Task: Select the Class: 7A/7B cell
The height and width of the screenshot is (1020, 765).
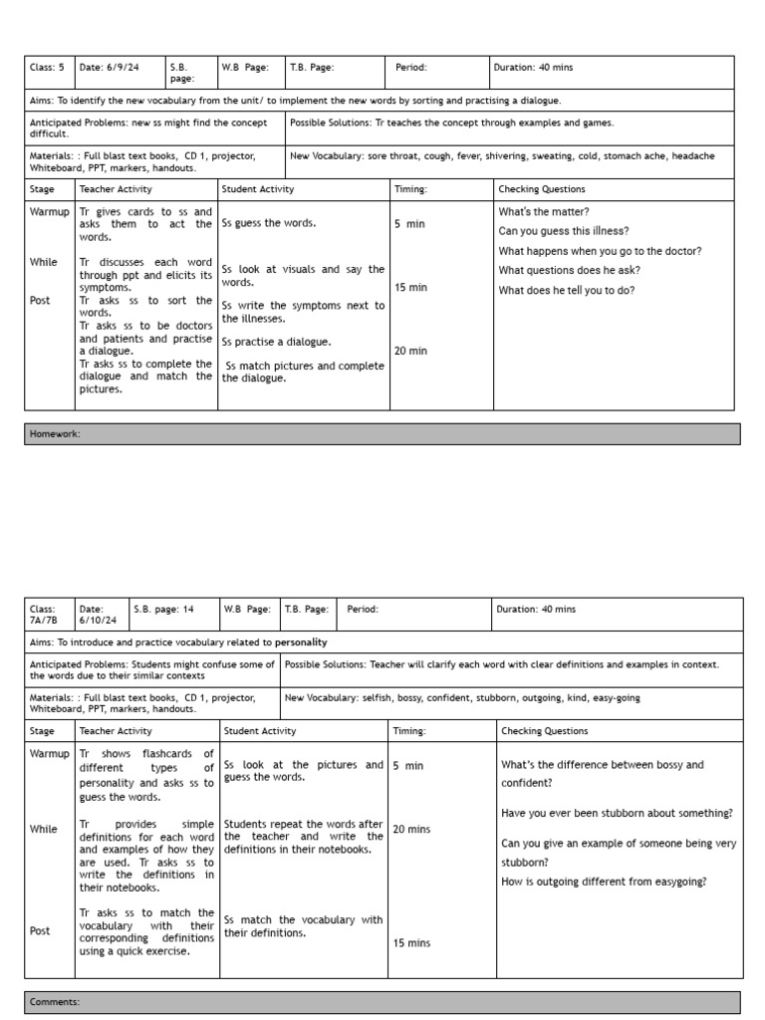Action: coord(49,615)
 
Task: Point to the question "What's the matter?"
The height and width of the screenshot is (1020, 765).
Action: coord(544,212)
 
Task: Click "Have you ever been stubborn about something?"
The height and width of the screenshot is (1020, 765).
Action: coord(617,814)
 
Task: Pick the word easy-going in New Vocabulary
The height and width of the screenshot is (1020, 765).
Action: coord(611,698)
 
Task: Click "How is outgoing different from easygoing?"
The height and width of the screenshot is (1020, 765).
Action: coord(604,882)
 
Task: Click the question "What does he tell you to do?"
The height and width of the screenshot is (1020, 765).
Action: coord(567,291)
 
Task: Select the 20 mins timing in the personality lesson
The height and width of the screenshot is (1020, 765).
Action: coord(411,829)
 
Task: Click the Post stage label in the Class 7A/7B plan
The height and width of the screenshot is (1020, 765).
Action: coord(41,930)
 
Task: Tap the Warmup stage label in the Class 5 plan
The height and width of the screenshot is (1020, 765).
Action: coord(50,212)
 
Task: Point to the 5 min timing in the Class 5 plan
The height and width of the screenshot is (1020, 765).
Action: coord(409,224)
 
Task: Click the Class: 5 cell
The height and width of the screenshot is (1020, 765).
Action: coord(47,68)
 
